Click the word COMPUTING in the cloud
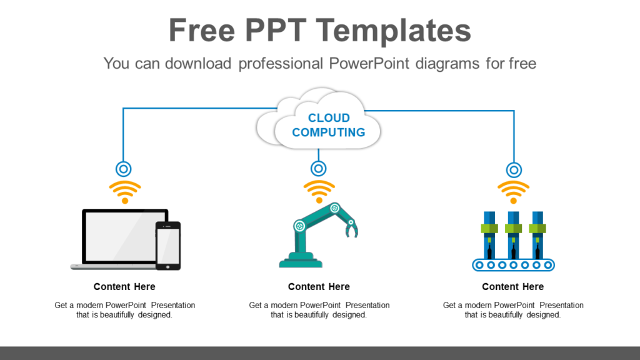click(328, 132)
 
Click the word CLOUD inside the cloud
click(329, 117)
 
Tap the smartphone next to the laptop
click(168, 246)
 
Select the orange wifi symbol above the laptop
click(125, 191)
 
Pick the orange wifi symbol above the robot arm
click(319, 191)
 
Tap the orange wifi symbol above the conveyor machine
click(513, 191)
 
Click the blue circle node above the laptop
click(124, 169)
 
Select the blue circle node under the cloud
click(319, 169)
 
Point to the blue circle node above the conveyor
click(514, 169)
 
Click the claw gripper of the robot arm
click(351, 229)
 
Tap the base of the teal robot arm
click(301, 261)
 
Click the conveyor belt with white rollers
click(513, 265)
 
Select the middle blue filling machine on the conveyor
click(513, 234)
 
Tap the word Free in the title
click(200, 29)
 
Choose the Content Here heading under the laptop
click(124, 286)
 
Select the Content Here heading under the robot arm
click(319, 286)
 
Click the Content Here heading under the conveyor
click(513, 286)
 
